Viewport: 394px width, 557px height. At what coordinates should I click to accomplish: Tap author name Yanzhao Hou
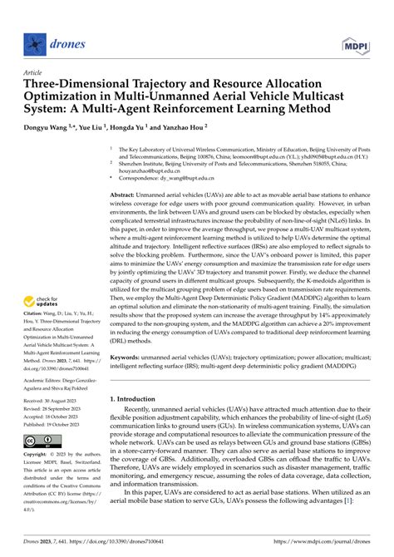[x=180, y=128]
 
